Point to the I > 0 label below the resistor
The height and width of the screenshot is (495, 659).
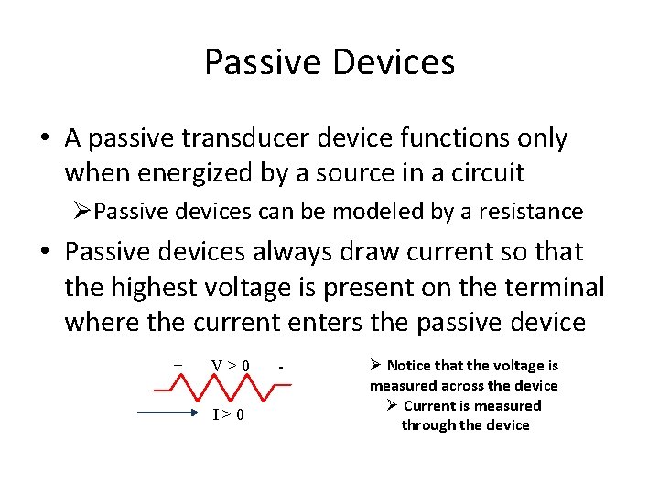click(x=228, y=414)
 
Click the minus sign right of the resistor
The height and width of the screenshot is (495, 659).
click(x=283, y=367)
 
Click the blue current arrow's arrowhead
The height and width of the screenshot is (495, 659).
click(x=193, y=414)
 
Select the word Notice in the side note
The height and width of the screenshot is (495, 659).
click(x=411, y=366)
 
